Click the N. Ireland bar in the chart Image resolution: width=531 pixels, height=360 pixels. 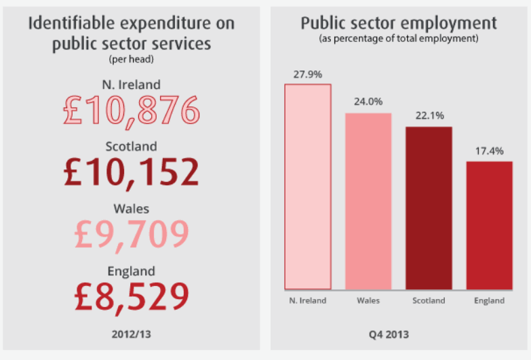(307, 187)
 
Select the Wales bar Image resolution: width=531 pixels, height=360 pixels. (368, 201)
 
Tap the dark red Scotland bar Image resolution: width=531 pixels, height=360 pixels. (429, 208)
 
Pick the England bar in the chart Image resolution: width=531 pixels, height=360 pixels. (489, 225)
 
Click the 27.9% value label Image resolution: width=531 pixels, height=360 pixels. (307, 75)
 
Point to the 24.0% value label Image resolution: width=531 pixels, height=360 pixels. (368, 102)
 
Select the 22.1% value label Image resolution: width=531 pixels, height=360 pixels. (429, 116)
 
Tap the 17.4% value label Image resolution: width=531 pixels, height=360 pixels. (489, 151)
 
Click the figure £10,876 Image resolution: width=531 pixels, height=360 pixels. (132, 111)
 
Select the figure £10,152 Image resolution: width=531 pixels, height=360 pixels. (132, 172)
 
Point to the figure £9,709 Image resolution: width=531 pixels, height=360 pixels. (132, 234)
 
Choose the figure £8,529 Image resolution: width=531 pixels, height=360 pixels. (132, 296)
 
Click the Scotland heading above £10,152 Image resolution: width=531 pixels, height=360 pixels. (132, 146)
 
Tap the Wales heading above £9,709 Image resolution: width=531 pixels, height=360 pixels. (132, 208)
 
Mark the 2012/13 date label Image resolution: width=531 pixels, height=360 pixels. (132, 334)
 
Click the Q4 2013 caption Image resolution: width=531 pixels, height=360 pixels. (399, 334)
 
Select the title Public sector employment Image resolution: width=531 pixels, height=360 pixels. (399, 23)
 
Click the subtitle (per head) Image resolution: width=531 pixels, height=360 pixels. (132, 60)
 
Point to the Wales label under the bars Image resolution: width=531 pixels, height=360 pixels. (368, 300)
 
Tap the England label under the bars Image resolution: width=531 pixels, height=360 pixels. (489, 300)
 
